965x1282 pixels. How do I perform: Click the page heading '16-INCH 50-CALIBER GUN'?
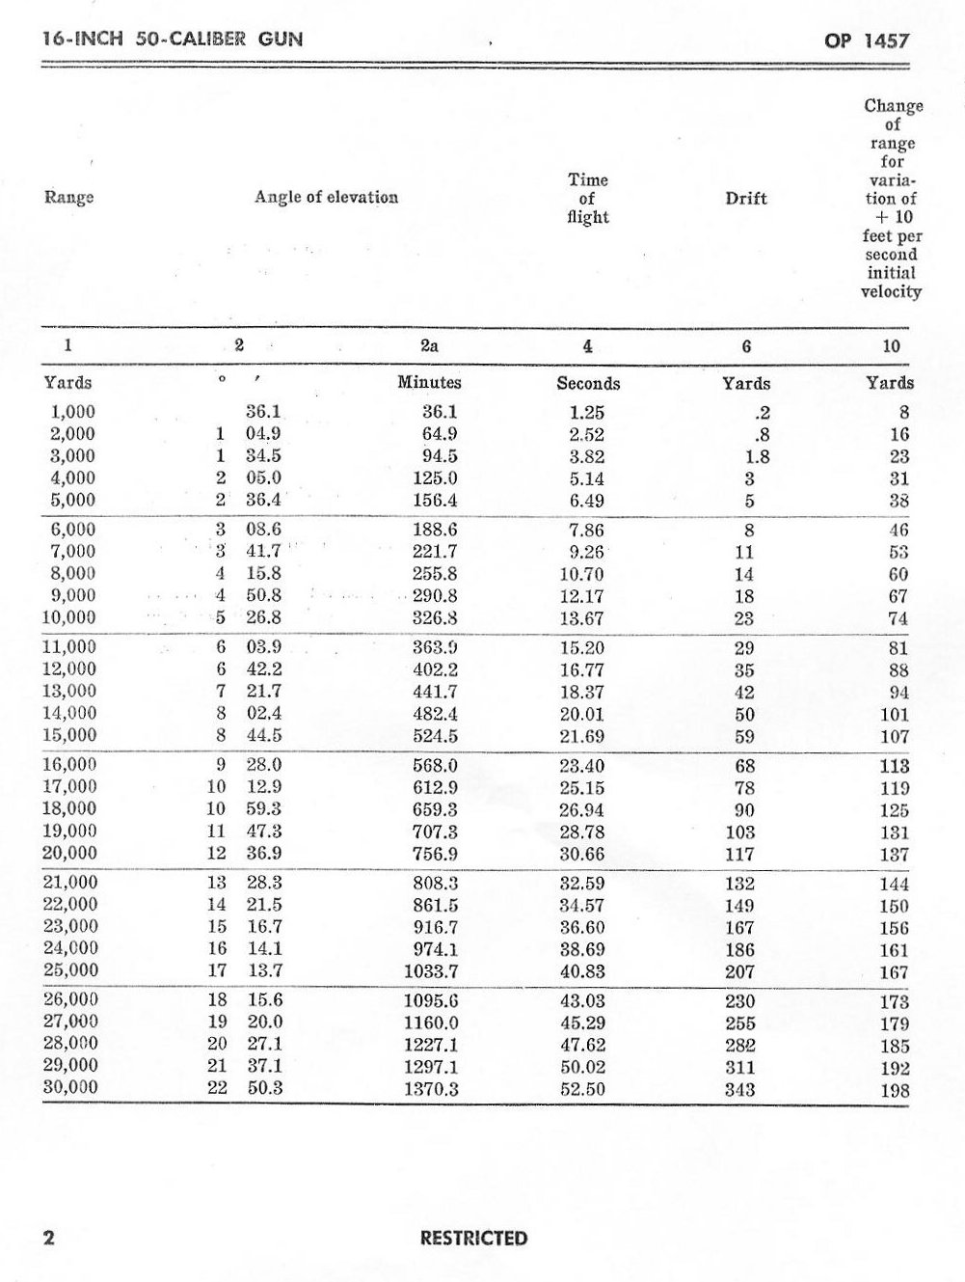174,41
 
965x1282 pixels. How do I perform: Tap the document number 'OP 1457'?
866,41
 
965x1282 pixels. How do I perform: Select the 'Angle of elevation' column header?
326,198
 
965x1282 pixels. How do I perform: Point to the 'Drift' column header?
745,198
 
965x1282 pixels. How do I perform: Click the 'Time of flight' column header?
587,198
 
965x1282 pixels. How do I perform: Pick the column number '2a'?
430,345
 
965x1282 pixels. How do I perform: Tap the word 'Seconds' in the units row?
588,383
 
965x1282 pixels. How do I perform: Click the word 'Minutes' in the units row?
429,382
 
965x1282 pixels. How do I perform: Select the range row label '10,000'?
70,618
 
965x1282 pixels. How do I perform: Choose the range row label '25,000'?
70,970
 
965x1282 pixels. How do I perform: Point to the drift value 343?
739,1090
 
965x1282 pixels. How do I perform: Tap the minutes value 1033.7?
429,971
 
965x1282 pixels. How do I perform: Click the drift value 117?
739,854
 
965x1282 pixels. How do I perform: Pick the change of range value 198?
895,1090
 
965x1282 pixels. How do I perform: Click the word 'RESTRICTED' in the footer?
473,1239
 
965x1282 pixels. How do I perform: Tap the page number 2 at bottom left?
48,1239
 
